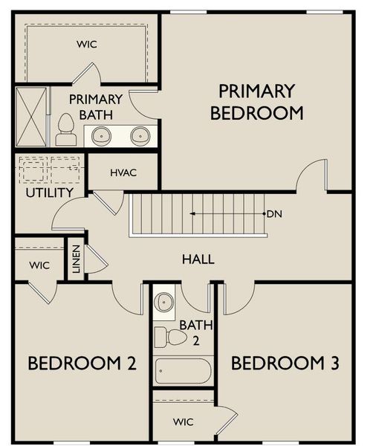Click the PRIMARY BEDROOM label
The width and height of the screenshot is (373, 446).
[257, 102]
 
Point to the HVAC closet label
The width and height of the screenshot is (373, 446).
[123, 172]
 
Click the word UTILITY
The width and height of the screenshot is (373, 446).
[49, 193]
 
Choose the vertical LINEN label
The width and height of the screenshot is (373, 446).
[76, 258]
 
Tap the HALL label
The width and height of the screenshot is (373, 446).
[198, 259]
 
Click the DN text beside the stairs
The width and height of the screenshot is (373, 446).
[274, 214]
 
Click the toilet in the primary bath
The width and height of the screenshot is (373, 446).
[66, 130]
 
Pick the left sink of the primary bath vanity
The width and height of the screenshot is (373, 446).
[103, 136]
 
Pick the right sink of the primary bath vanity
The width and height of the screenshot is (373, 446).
[140, 136]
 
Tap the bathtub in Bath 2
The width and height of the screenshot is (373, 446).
[183, 371]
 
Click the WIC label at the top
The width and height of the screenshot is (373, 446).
[87, 44]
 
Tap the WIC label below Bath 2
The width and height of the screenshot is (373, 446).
[183, 421]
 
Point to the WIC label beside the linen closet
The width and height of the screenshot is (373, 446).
[39, 265]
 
